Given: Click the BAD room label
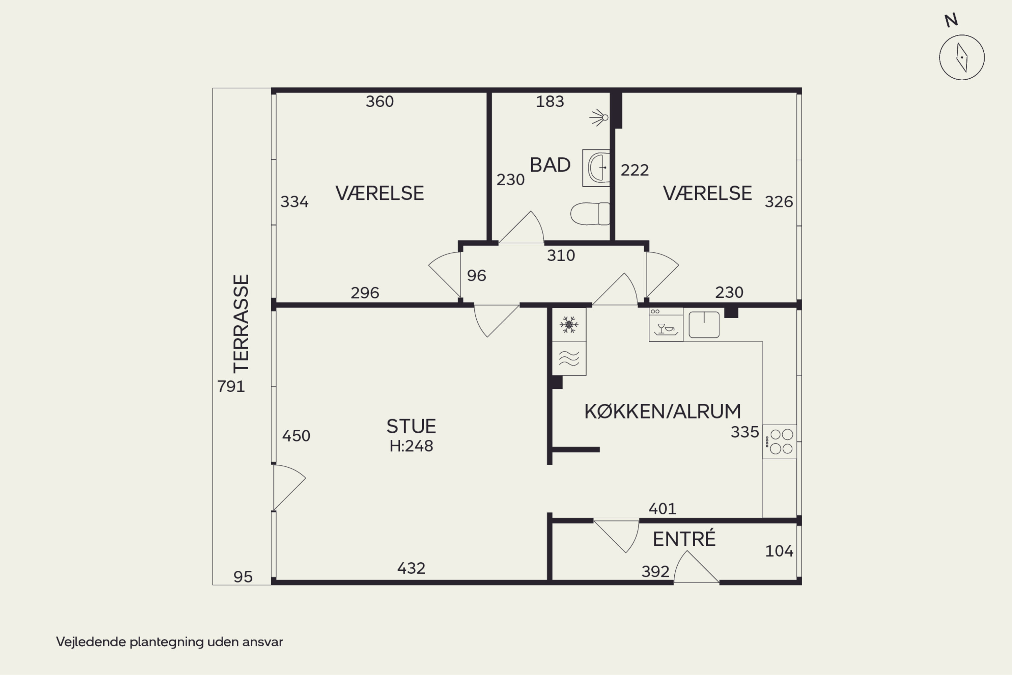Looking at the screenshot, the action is tap(550, 165).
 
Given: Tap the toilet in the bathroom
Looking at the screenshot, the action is tap(590, 214).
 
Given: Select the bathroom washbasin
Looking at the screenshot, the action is tap(596, 168).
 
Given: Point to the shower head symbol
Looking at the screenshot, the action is tap(599, 117).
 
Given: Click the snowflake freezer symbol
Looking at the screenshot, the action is tap(569, 325).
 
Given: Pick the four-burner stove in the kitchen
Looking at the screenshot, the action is tap(780, 442).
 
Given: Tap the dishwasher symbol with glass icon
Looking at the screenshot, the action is tap(666, 325).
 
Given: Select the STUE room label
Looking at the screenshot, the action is tap(411, 426).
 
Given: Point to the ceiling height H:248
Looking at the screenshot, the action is tap(411, 446).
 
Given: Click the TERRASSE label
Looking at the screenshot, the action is tap(241, 324).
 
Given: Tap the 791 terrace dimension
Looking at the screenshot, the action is tap(231, 386).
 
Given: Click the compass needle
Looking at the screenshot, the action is tap(962, 57).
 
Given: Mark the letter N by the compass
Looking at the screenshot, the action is tap(951, 20).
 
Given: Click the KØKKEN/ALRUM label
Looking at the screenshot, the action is tap(663, 411).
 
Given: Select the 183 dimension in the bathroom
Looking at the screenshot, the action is tap(550, 102).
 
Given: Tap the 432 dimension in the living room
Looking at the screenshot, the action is tap(411, 568).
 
